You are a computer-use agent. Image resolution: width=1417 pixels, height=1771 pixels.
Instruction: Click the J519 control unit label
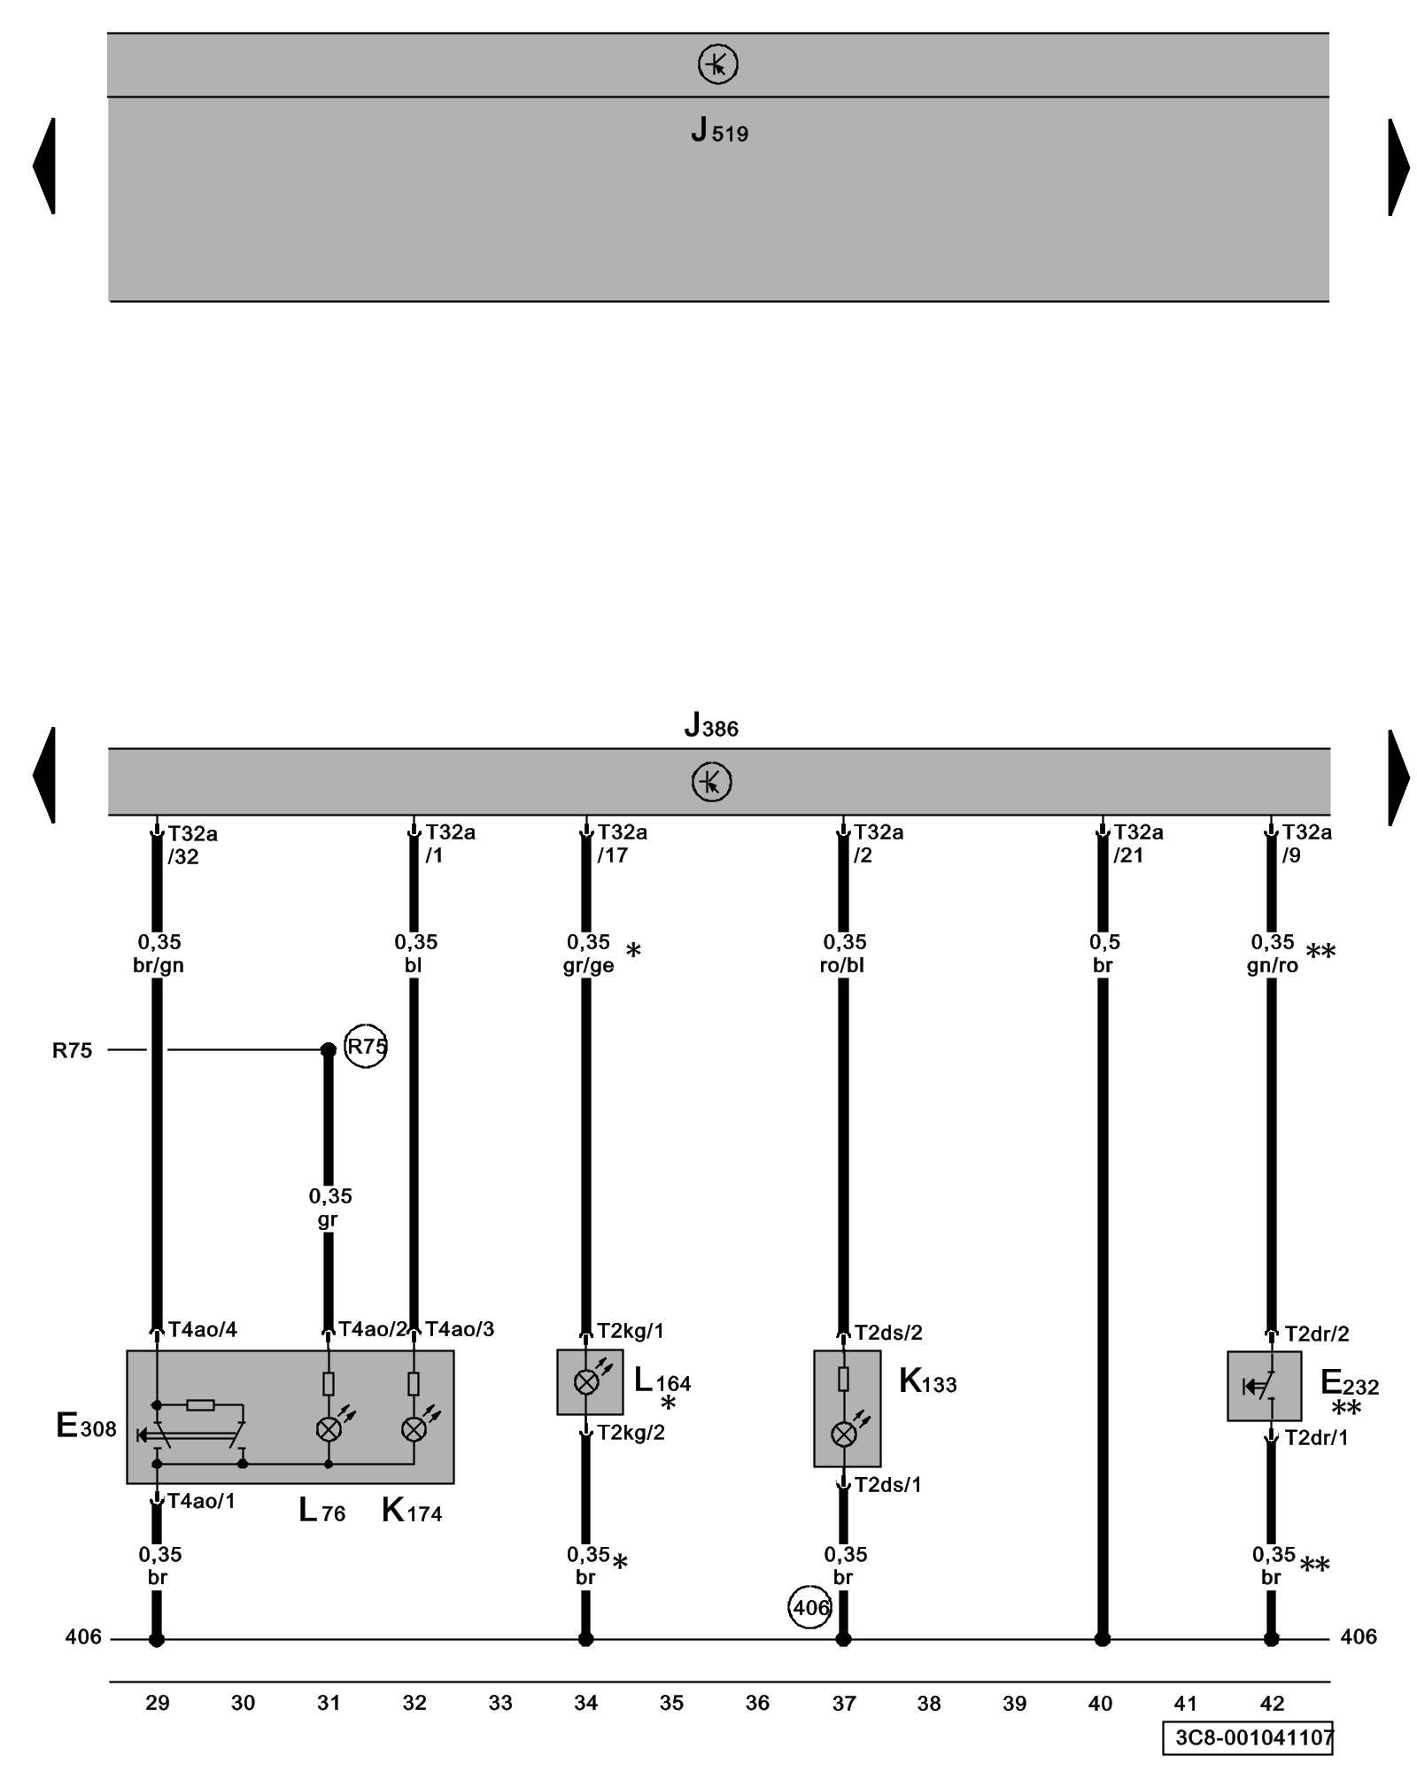click(719, 132)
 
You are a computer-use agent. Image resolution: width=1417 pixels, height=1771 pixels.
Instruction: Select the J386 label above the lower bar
click(710, 726)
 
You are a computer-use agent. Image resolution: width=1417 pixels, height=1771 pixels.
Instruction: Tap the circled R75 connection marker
click(365, 1047)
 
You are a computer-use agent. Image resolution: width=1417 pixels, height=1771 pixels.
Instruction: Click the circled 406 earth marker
click(809, 1607)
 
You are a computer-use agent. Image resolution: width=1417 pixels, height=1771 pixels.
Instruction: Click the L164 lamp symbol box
click(589, 1381)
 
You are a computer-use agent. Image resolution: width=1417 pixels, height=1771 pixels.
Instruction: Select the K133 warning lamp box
click(847, 1408)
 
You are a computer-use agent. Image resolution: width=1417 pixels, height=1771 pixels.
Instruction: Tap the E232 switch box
click(1264, 1386)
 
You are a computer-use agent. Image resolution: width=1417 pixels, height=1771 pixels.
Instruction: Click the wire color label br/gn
click(159, 965)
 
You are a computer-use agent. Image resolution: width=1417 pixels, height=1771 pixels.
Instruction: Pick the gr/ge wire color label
click(588, 965)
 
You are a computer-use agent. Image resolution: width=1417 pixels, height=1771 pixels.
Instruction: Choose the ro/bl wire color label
click(842, 965)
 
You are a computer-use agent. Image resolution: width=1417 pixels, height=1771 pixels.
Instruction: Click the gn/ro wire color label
click(1272, 965)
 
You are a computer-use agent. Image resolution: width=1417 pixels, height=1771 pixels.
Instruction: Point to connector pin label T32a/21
click(1137, 843)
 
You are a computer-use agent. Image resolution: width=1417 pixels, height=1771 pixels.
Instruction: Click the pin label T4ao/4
click(203, 1329)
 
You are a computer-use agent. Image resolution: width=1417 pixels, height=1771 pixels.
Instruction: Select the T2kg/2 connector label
click(631, 1433)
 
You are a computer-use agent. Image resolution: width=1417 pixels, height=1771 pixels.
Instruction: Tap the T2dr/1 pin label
click(1316, 1437)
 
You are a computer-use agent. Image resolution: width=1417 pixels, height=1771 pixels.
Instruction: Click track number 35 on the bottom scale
click(671, 1703)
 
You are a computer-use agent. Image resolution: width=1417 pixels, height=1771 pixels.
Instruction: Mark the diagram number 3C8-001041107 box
click(1248, 1736)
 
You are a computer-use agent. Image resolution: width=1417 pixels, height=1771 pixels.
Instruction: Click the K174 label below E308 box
click(412, 1510)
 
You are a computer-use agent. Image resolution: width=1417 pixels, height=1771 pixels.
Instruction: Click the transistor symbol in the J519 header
click(717, 65)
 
